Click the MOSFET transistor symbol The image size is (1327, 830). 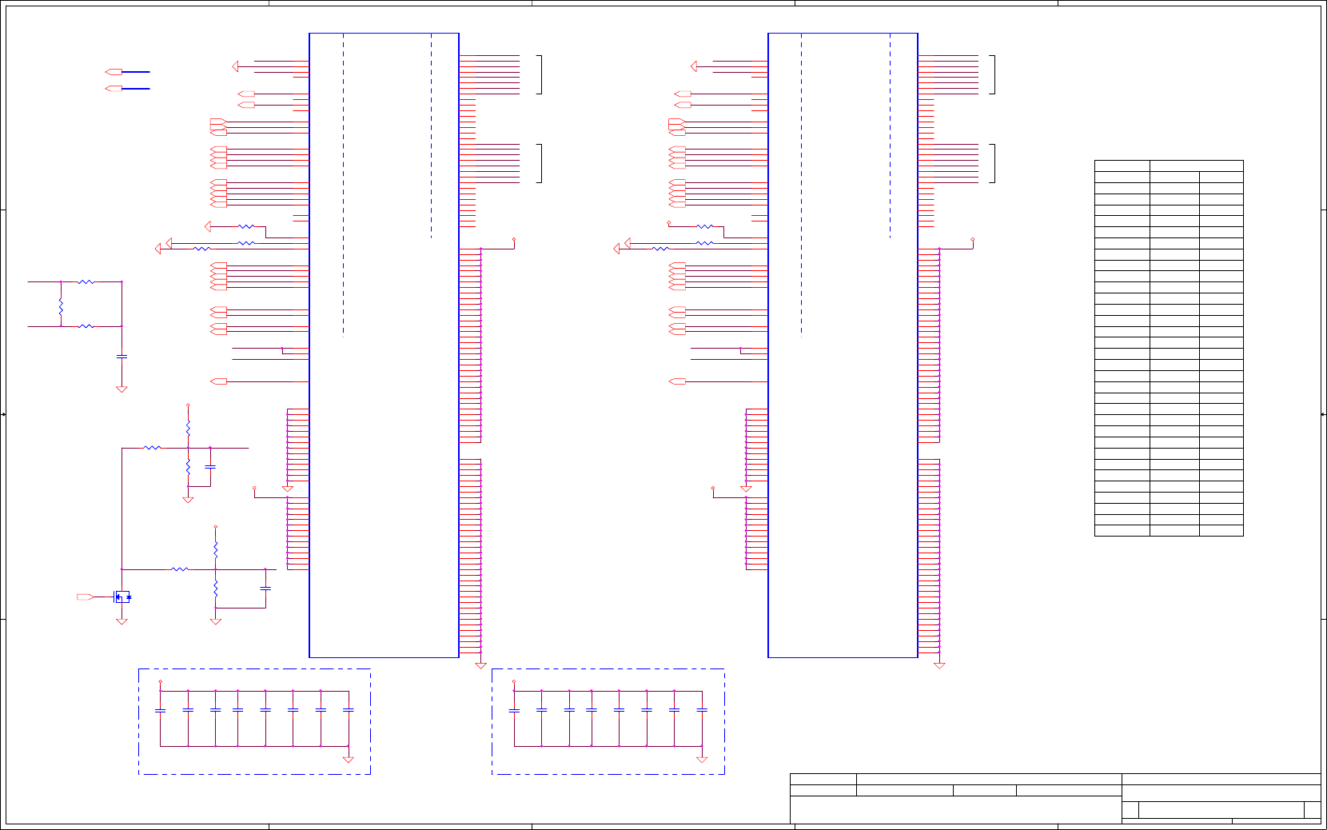(x=122, y=597)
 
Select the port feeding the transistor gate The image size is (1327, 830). (x=85, y=597)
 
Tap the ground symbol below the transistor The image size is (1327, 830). (x=122, y=621)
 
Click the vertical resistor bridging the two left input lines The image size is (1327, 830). (x=61, y=305)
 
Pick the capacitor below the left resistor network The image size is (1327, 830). (x=122, y=356)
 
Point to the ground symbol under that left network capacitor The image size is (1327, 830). (x=122, y=389)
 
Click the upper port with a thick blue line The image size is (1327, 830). (x=114, y=72)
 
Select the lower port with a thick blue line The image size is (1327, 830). (x=114, y=89)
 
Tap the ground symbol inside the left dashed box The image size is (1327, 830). (x=348, y=759)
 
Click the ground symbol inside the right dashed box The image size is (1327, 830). (x=702, y=759)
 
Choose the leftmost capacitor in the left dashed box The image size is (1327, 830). (x=160, y=710)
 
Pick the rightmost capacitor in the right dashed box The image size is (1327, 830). (x=702, y=710)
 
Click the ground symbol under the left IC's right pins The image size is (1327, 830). (x=480, y=665)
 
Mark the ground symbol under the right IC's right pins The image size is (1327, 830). (x=939, y=665)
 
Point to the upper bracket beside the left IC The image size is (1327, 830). (x=540, y=74)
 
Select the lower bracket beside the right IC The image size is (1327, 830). (x=993, y=163)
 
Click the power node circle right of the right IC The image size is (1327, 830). (x=973, y=239)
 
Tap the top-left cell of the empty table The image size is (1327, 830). (x=1122, y=166)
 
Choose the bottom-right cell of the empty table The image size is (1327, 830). (x=1221, y=530)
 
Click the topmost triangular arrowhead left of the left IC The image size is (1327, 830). (x=235, y=66)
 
